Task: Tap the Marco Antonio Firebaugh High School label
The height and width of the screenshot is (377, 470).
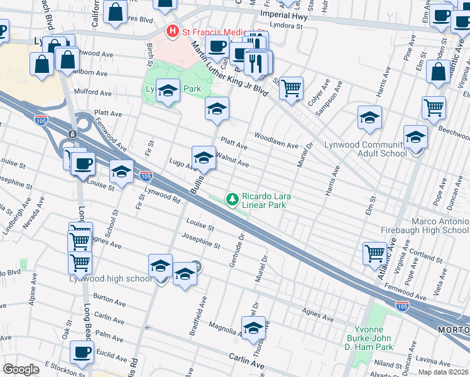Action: pyautogui.click(x=440, y=226)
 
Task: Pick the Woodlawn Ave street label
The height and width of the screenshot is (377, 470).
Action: pyautogui.click(x=276, y=140)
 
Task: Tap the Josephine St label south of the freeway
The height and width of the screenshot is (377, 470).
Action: pyautogui.click(x=200, y=239)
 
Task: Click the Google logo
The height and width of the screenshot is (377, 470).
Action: pyautogui.click(x=21, y=369)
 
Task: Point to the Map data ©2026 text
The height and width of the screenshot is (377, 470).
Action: pyautogui.click(x=444, y=372)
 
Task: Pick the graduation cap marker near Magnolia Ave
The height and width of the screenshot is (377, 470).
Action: pyautogui.click(x=253, y=327)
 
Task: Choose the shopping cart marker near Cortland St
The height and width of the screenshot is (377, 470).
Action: pyautogui.click(x=374, y=253)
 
